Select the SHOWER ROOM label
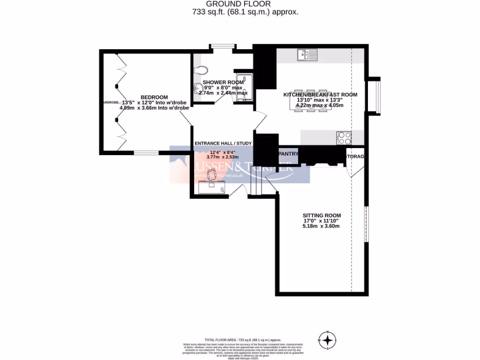(223, 82)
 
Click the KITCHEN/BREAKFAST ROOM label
(320, 95)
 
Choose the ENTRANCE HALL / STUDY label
(223, 143)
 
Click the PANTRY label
(288, 154)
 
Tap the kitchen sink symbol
(307, 55)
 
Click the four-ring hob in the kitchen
(344, 138)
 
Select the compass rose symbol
(328, 339)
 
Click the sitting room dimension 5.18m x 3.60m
(321, 226)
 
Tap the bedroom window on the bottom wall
(146, 152)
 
